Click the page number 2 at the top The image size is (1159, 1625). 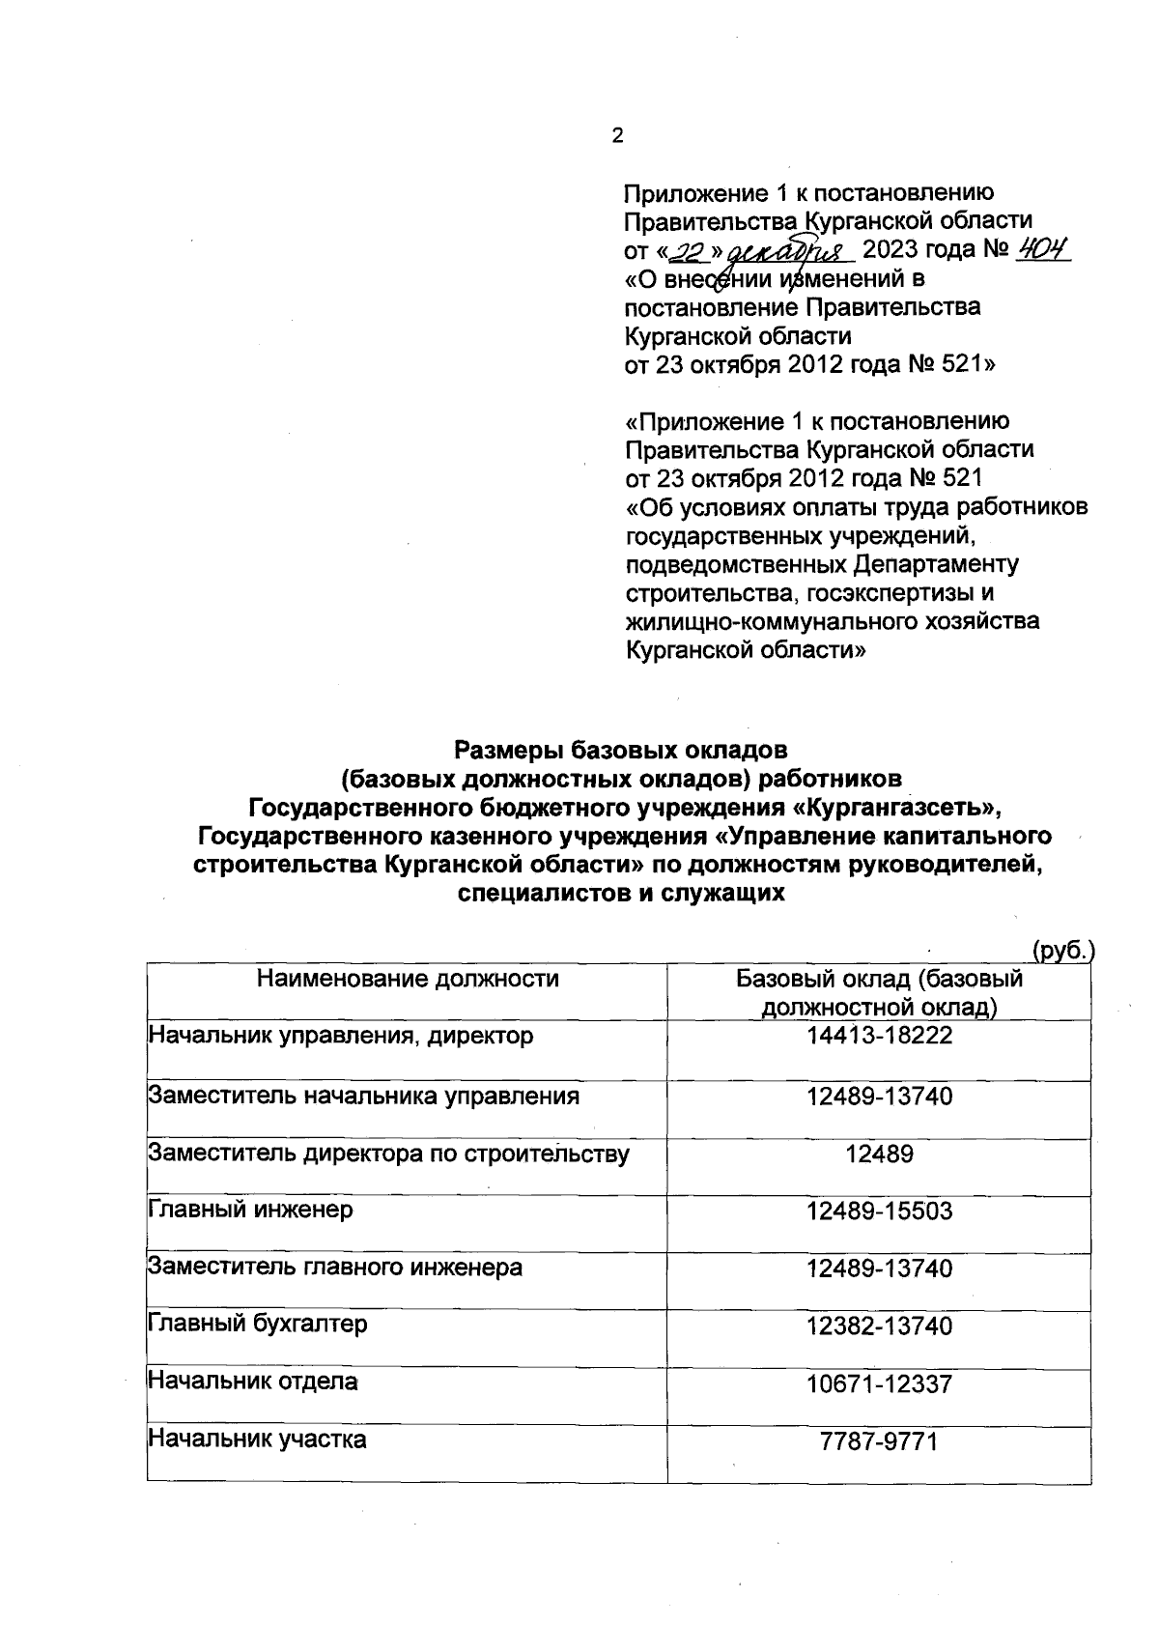click(618, 136)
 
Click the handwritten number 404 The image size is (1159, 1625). click(1041, 250)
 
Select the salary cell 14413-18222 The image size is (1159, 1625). click(879, 1037)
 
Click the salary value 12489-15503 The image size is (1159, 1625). click(879, 1211)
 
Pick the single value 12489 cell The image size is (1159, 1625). click(879, 1154)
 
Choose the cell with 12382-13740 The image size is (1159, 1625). click(879, 1326)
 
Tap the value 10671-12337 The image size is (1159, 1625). click(879, 1384)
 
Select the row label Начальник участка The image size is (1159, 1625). click(257, 1440)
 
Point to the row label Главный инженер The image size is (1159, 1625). click(250, 1209)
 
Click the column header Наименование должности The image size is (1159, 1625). click(408, 979)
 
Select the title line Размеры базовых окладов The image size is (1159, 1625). click(621, 749)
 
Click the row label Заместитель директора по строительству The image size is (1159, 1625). click(388, 1153)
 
